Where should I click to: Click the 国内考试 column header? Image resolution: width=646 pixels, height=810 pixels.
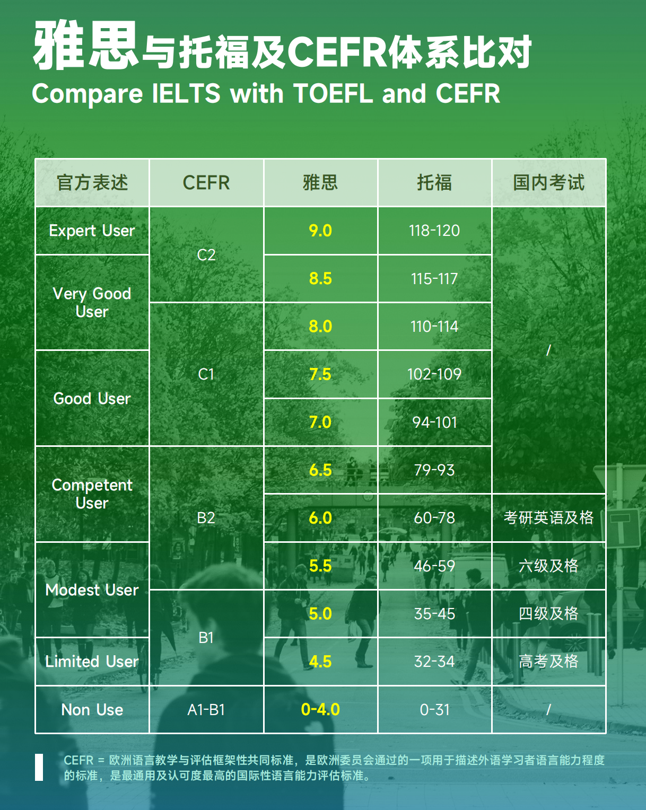[x=548, y=182]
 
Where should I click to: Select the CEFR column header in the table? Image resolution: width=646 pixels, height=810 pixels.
[x=206, y=183]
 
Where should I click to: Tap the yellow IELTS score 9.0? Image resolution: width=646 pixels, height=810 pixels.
[x=320, y=231]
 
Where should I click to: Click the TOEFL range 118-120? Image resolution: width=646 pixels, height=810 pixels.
[x=434, y=231]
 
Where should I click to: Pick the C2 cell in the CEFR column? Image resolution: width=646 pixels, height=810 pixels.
[x=206, y=255]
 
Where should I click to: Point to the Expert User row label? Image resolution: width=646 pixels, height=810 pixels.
[x=92, y=231]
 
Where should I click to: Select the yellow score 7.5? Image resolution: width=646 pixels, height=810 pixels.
[x=320, y=374]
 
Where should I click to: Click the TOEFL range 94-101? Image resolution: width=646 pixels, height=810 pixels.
[x=434, y=422]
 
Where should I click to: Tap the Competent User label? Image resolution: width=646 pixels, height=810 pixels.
[x=92, y=494]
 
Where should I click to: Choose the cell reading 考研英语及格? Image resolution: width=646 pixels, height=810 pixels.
[x=548, y=517]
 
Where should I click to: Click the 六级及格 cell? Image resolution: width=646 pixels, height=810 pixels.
[x=548, y=566]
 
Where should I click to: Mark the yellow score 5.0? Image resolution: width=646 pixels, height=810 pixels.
[x=320, y=613]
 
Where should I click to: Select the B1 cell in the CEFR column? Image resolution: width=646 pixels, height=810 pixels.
[x=206, y=638]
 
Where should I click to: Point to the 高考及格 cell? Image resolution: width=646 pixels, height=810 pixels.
[x=548, y=662]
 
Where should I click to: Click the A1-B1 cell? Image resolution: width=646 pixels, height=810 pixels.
[x=206, y=710]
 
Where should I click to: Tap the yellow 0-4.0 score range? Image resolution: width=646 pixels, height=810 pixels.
[x=320, y=709]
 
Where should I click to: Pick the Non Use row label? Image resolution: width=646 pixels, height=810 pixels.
[x=92, y=710]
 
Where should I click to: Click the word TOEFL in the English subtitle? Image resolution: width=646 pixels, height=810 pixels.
[x=333, y=93]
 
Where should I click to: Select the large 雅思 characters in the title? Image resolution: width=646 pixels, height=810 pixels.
[x=85, y=45]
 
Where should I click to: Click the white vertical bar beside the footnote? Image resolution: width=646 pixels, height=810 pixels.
[x=39, y=767]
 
